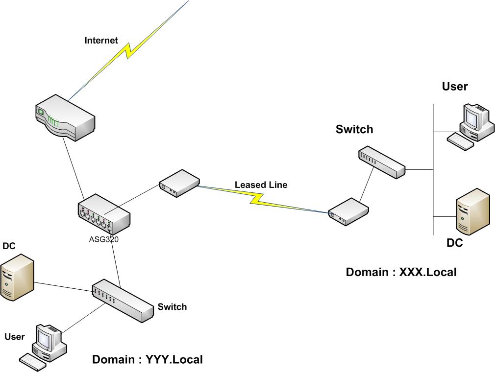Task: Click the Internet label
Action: click(101, 41)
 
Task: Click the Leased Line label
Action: click(261, 185)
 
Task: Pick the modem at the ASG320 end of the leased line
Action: click(179, 183)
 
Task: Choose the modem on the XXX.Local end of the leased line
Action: click(348, 211)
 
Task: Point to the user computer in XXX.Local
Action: click(470, 125)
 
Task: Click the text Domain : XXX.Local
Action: click(401, 272)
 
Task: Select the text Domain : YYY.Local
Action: click(148, 360)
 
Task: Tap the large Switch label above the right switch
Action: click(354, 129)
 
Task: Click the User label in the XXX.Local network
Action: click(455, 87)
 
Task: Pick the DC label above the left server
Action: click(9, 246)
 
